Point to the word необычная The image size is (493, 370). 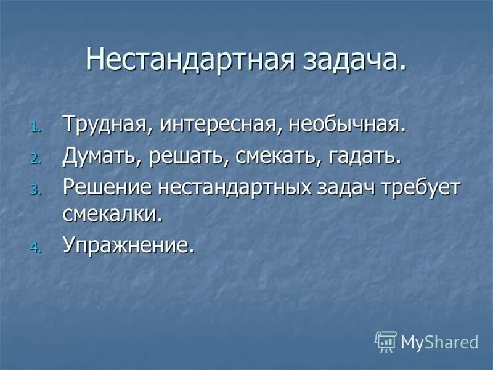[348, 125]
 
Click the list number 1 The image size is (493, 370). [34, 128]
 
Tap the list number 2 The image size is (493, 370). [34, 158]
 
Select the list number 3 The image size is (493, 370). [34, 189]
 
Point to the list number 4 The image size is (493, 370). [34, 247]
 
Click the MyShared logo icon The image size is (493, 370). [386, 342]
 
